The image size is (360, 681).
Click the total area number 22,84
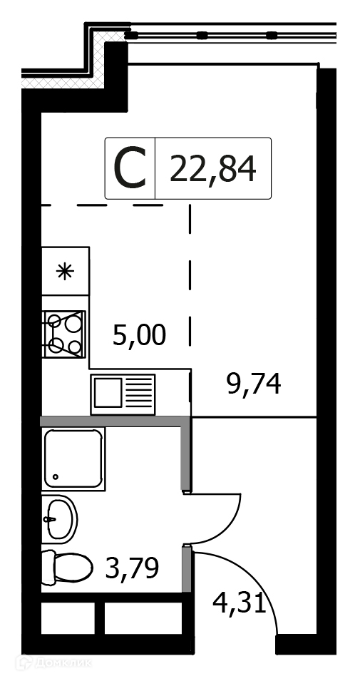point(212,168)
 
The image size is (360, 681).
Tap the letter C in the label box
point(130,168)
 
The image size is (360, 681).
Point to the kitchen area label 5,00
point(139,336)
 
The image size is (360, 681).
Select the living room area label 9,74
point(254,384)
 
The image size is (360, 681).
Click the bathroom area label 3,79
point(133,568)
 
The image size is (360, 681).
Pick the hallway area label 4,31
point(239,603)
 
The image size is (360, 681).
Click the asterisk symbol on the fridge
point(65,272)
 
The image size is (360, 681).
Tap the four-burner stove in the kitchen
point(64,334)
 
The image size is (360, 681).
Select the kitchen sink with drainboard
point(123,394)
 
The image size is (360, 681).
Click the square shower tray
point(73,459)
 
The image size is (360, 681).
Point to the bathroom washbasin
point(59,519)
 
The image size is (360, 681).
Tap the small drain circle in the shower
point(56,476)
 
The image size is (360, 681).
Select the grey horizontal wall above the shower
point(115,421)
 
